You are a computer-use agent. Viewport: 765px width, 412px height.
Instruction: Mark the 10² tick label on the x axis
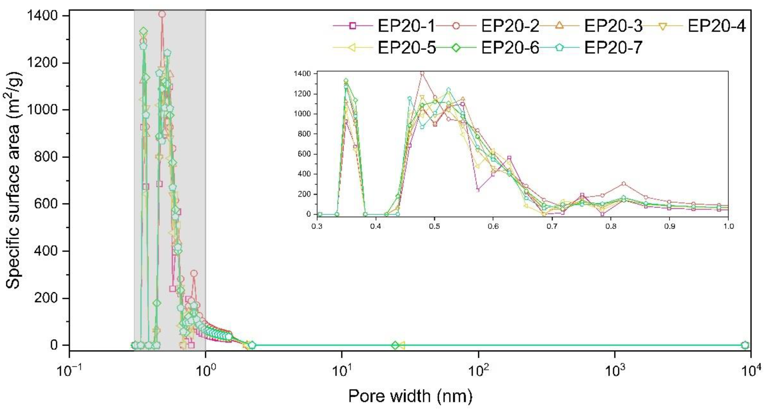pyautogui.click(x=478, y=370)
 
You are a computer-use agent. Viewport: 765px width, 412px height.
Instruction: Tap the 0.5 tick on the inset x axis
pyautogui.click(x=435, y=226)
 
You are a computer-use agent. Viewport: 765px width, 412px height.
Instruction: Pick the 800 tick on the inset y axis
pyautogui.click(x=304, y=134)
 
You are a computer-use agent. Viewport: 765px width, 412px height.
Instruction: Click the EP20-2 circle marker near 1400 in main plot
pyautogui.click(x=162, y=14)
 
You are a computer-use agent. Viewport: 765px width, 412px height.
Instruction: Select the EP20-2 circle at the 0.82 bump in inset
pyautogui.click(x=624, y=184)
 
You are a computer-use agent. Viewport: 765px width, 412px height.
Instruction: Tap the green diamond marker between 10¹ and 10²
pyautogui.click(x=395, y=345)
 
